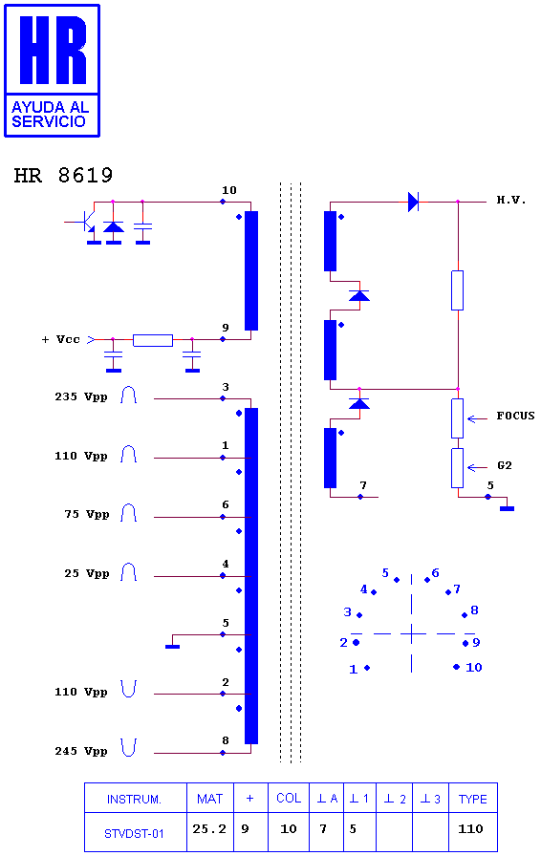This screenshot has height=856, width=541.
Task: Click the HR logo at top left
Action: click(x=52, y=71)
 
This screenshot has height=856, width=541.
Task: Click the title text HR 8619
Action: click(x=63, y=175)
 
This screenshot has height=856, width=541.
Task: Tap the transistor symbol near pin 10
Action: click(x=87, y=221)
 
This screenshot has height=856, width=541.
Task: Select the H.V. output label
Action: click(x=511, y=200)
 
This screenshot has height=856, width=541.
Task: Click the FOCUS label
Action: click(x=515, y=416)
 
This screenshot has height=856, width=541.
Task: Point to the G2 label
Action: click(x=505, y=465)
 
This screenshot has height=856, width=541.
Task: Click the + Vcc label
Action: click(x=60, y=339)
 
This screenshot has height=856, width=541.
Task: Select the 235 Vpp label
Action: click(x=81, y=396)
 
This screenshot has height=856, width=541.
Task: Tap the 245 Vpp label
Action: click(x=81, y=751)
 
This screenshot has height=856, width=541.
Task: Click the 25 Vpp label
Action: click(x=87, y=574)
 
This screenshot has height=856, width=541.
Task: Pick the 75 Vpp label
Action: click(x=87, y=514)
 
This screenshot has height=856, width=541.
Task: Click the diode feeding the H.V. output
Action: click(x=413, y=202)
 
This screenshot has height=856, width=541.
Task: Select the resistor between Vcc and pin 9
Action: click(x=153, y=341)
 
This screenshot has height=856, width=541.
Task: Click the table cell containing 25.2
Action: click(x=210, y=831)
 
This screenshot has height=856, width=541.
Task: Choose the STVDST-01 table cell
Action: click(x=135, y=831)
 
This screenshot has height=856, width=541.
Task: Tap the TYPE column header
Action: click(x=473, y=799)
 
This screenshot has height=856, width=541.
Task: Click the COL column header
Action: click(x=289, y=799)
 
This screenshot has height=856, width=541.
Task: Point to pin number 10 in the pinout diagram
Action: click(x=473, y=667)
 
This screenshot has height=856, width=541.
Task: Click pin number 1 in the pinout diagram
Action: click(x=353, y=670)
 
